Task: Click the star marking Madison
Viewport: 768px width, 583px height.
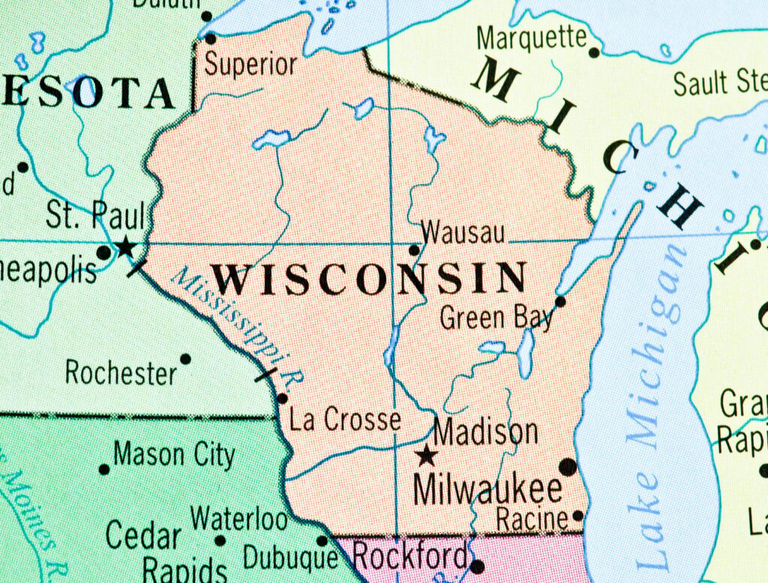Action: pyautogui.click(x=427, y=455)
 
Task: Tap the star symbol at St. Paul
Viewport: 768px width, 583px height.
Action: pyautogui.click(x=124, y=246)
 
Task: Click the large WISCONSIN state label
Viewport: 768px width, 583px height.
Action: pyautogui.click(x=370, y=278)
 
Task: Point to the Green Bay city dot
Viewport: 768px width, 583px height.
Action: pyautogui.click(x=559, y=302)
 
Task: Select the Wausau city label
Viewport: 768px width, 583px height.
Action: pyautogui.click(x=463, y=233)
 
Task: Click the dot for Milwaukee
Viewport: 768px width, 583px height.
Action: pyautogui.click(x=568, y=467)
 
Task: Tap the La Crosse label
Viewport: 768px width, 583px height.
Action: pyautogui.click(x=345, y=420)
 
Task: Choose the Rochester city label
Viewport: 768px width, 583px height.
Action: pyautogui.click(x=121, y=372)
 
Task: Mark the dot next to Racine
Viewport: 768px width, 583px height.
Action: pyautogui.click(x=577, y=515)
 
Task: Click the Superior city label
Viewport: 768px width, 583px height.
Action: pyautogui.click(x=250, y=65)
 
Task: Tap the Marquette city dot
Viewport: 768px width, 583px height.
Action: pyautogui.click(x=594, y=53)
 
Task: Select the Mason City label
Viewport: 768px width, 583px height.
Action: pyautogui.click(x=174, y=455)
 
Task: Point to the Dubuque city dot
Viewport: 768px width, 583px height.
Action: pyautogui.click(x=322, y=540)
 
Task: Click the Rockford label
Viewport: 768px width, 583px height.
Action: pyautogui.click(x=409, y=557)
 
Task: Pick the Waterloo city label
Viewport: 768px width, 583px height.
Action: pyautogui.click(x=239, y=518)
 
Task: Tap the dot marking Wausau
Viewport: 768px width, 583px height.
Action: pyautogui.click(x=413, y=250)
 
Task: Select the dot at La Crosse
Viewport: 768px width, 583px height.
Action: pyautogui.click(x=282, y=398)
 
